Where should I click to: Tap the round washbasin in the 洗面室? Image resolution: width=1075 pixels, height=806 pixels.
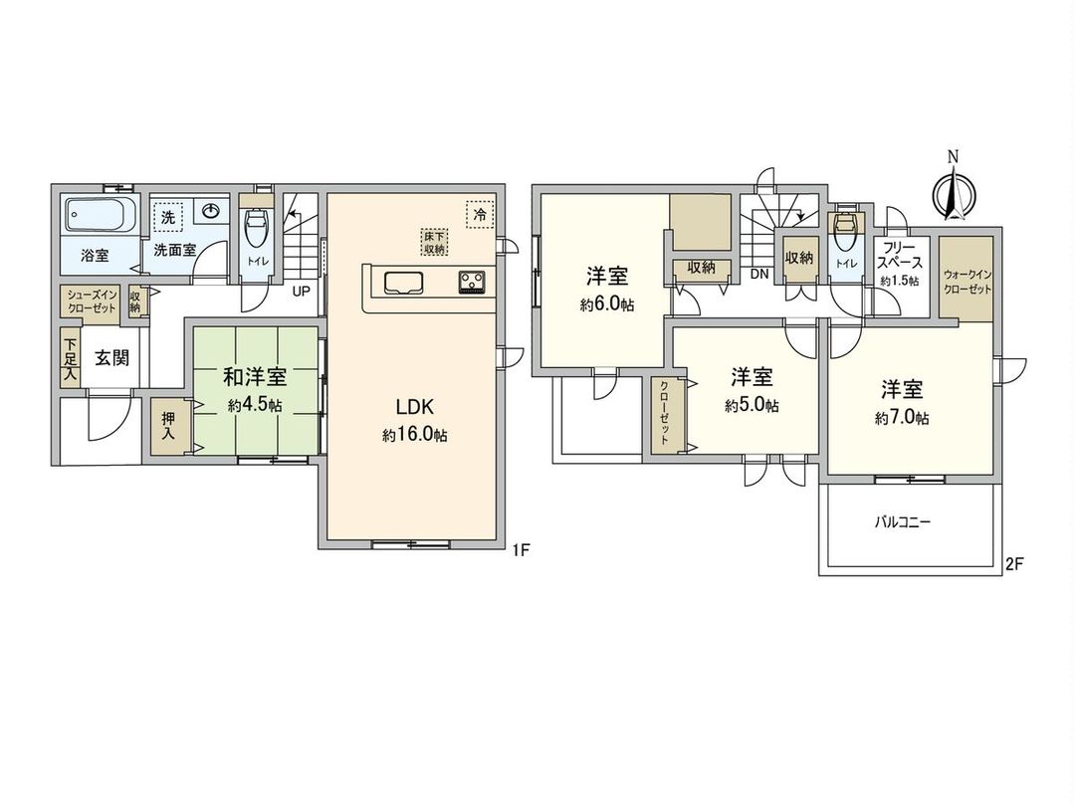[x=212, y=211]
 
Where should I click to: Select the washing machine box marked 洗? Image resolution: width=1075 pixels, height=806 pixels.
[x=168, y=216]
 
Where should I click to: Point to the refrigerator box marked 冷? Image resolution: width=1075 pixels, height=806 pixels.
[x=480, y=213]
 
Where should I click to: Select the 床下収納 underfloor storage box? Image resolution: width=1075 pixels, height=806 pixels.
[x=432, y=241]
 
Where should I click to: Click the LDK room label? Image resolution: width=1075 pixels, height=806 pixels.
[x=413, y=407]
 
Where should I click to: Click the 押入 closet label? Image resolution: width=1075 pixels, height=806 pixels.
[x=169, y=428]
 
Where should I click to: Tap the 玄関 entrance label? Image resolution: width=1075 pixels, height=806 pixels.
[x=111, y=358]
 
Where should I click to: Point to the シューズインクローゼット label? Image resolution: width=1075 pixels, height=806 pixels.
[x=92, y=302]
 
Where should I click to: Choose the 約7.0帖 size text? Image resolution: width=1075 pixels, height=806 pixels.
[x=902, y=419]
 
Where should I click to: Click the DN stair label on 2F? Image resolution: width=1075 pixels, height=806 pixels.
[x=758, y=274]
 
